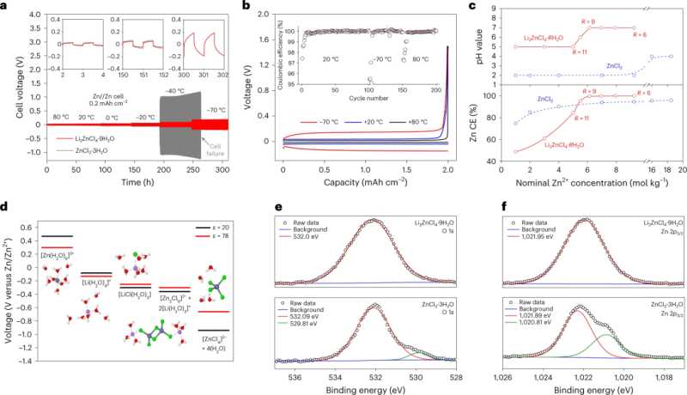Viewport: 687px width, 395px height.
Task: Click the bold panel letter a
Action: point(5,6)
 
